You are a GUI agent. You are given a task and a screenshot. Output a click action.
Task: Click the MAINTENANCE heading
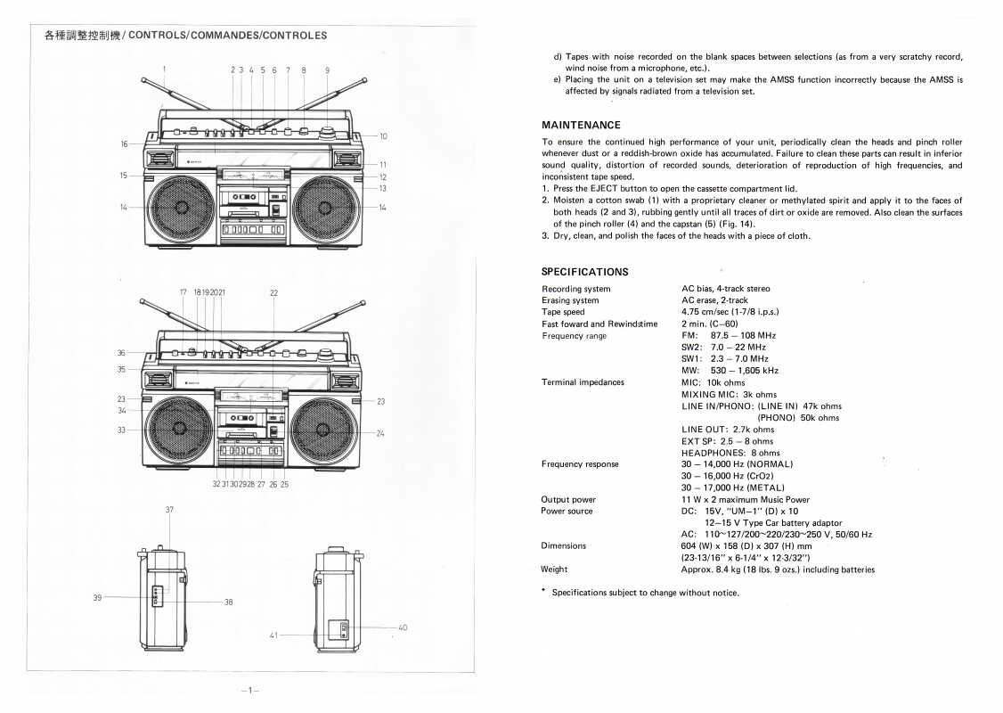coord(581,125)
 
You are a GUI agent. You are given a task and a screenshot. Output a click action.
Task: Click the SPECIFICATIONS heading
coord(584,272)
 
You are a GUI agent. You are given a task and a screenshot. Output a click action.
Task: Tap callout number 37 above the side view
coord(169,509)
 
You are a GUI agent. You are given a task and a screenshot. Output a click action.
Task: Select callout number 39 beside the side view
coord(97,597)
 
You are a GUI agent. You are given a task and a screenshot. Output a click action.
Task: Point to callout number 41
coord(273,635)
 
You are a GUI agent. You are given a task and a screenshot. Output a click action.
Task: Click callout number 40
coord(403,627)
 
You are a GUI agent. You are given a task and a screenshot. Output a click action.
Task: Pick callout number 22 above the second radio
coord(273,292)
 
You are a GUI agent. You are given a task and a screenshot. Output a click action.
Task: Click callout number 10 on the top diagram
coord(383,136)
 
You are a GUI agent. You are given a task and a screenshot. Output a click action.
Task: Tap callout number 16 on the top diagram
coord(125,143)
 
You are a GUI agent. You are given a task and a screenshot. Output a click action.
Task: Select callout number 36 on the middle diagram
coord(121,353)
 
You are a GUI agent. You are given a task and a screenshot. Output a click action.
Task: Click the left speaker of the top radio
coord(181,208)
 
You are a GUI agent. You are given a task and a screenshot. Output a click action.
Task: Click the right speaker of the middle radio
coord(327,430)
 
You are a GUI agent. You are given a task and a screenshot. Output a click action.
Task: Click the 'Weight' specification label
coord(554,570)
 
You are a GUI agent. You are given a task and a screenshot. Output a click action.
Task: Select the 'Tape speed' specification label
coord(563,312)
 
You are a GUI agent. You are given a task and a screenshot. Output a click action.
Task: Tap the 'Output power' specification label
coord(568,500)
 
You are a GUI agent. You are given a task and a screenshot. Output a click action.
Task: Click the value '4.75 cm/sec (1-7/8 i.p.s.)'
coord(730,312)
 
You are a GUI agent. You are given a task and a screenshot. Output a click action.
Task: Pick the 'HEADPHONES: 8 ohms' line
coord(730,453)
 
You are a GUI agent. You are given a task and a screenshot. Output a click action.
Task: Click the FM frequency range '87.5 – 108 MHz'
coord(743,335)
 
